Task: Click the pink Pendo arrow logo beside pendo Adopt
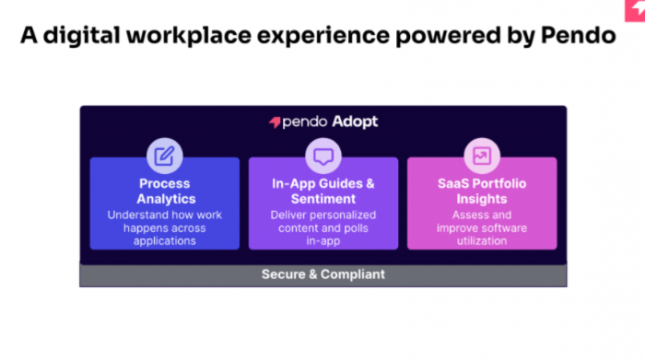click(x=275, y=122)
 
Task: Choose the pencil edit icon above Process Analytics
click(x=164, y=156)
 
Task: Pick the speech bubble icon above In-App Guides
click(x=322, y=156)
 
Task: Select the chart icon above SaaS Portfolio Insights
click(x=481, y=156)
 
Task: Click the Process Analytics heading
click(x=164, y=191)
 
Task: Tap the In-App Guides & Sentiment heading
click(x=322, y=191)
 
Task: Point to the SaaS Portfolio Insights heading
click(x=481, y=191)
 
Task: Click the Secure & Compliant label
click(x=322, y=274)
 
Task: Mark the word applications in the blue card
click(x=164, y=240)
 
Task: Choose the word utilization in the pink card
click(x=481, y=240)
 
